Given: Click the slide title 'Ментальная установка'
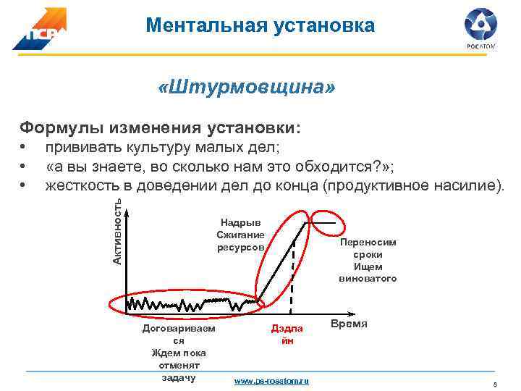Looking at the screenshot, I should click(260, 26).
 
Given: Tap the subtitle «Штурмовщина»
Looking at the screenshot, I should click(247, 88).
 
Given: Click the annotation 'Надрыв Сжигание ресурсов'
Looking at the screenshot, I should click(241, 235).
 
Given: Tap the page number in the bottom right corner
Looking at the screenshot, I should click(494, 385).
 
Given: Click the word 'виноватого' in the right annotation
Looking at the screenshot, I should click(368, 279).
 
